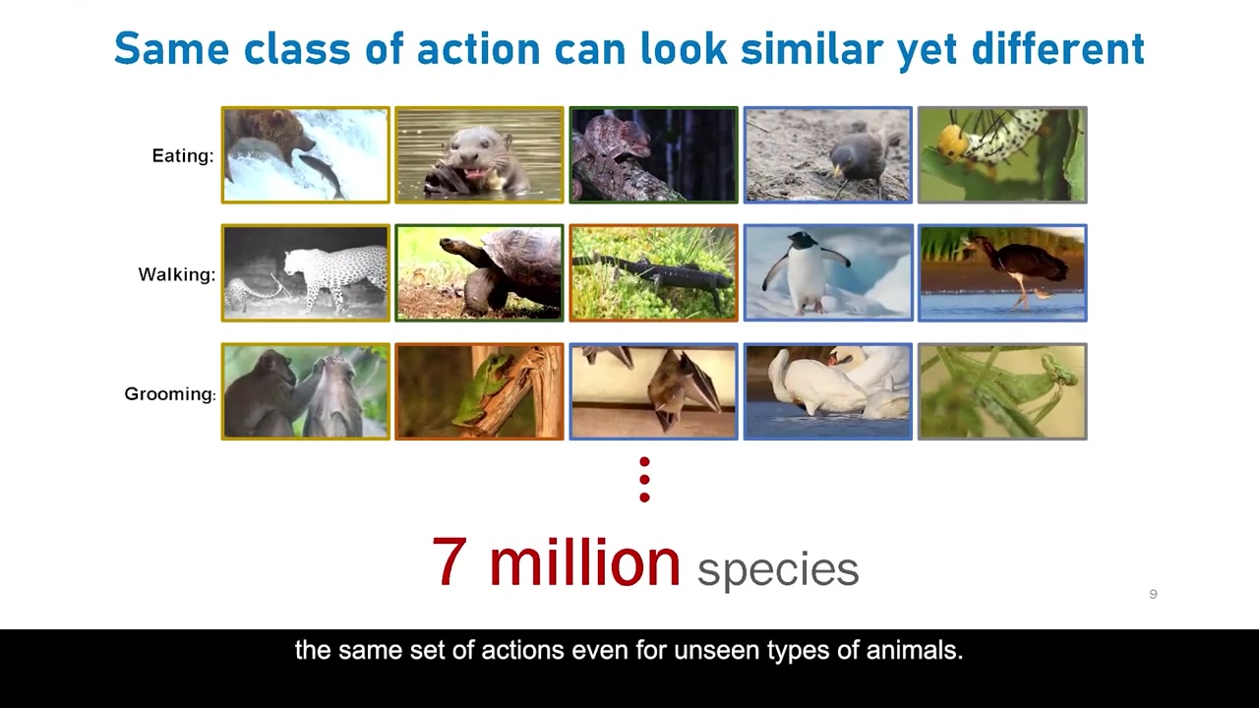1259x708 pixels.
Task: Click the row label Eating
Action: tap(183, 155)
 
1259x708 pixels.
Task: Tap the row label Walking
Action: tap(177, 274)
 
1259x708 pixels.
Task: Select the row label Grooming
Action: tap(170, 394)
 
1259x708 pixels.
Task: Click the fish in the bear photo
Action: tap(322, 175)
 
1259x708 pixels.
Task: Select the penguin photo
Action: tap(828, 273)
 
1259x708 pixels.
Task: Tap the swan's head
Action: tap(841, 356)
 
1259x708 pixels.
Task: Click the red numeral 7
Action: tap(450, 561)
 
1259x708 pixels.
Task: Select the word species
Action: tap(778, 569)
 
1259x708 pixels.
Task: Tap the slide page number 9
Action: tap(1154, 594)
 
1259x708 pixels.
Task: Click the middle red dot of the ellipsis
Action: tap(644, 480)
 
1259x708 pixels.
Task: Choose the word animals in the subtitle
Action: tap(915, 651)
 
